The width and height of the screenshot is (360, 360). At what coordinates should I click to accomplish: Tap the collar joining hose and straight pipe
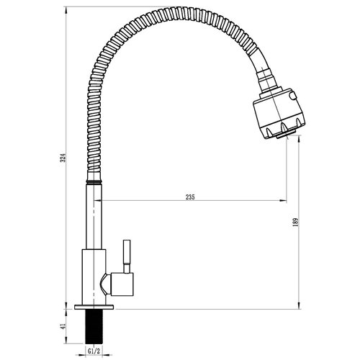[x=94, y=183]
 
